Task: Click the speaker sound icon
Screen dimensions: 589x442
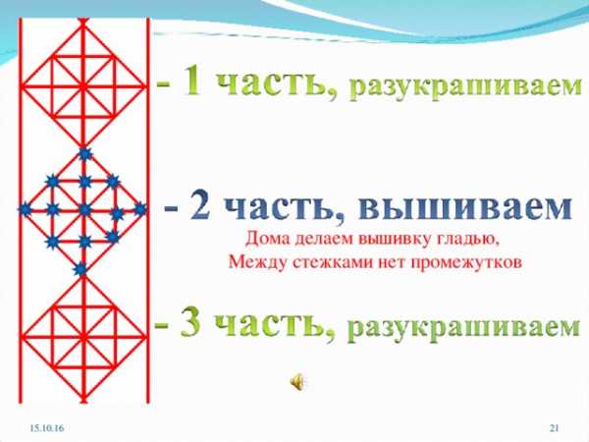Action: (x=297, y=383)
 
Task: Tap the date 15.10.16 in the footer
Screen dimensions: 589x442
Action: (x=47, y=427)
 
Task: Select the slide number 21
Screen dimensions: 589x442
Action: (x=555, y=427)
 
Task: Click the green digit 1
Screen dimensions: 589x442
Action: (x=194, y=82)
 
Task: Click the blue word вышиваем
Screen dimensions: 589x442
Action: (x=465, y=207)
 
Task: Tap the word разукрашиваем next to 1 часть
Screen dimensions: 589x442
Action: (x=465, y=88)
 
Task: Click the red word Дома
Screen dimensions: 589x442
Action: (x=267, y=239)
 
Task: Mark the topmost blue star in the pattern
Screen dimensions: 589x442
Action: (x=84, y=154)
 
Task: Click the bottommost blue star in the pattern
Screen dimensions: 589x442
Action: (x=80, y=269)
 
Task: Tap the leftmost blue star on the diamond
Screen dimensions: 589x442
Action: (x=26, y=209)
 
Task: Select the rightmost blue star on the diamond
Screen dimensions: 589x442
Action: (x=140, y=209)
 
